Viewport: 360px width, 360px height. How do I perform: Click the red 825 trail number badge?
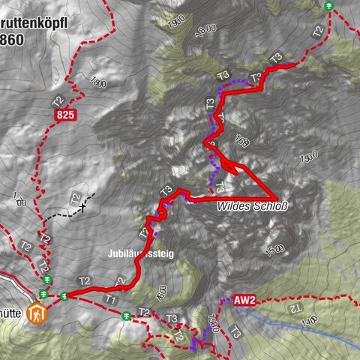point(65,114)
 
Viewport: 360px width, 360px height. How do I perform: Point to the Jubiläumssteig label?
point(140,254)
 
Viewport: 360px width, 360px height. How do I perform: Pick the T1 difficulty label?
point(111,299)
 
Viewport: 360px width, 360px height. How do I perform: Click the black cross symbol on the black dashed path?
point(83,206)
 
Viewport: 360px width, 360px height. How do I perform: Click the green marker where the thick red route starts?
point(65,295)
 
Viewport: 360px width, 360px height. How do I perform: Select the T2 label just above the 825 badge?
point(57,100)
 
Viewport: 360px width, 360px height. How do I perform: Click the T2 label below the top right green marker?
point(318,31)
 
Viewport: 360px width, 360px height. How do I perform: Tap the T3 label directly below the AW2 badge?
point(236,330)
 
